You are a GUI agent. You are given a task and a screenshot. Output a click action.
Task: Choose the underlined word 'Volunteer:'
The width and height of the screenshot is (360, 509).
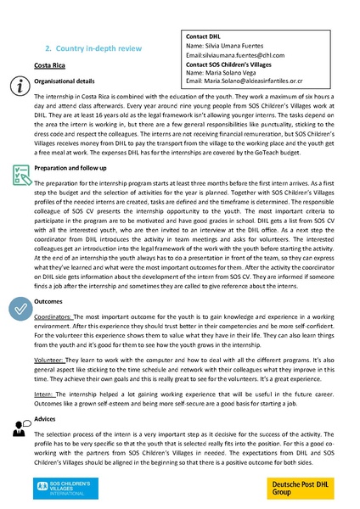49,357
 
